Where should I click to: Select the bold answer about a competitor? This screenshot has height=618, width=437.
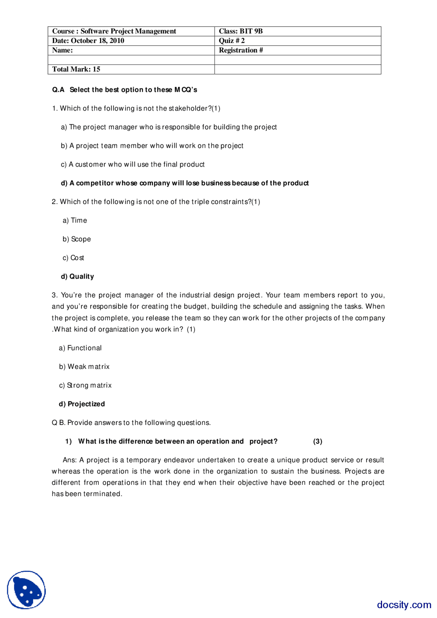point(185,183)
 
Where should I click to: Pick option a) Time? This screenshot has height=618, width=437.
point(75,220)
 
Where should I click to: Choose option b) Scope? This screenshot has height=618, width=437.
point(76,239)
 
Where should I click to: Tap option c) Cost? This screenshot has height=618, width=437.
point(73,258)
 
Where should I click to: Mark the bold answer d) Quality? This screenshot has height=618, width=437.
point(77,276)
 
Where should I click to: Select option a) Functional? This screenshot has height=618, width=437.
point(80,348)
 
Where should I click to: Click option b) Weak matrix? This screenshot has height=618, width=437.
point(84,367)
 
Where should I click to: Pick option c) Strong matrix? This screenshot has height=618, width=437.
point(85,386)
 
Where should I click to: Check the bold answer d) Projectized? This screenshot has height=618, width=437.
point(82,404)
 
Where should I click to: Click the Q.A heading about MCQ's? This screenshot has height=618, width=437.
point(125,90)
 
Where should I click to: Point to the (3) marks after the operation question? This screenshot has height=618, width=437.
point(318,442)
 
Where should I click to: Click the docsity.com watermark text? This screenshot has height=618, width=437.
point(404,605)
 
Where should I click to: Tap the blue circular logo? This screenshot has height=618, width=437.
point(26,590)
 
